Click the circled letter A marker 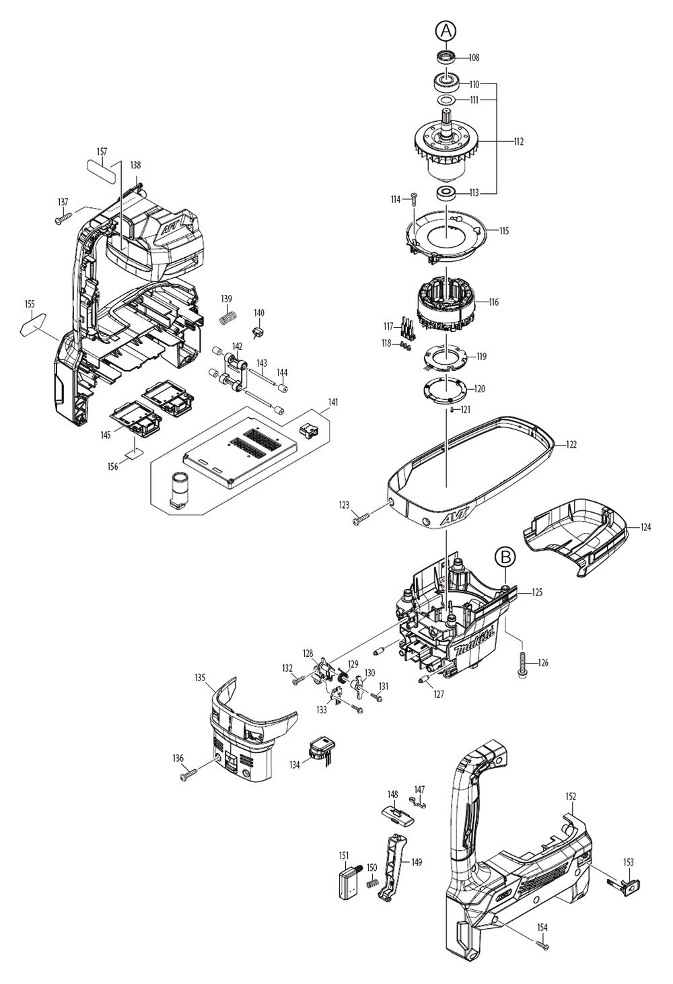(x=446, y=30)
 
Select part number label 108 (x=474, y=58)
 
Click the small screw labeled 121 (x=452, y=409)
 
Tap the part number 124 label (x=645, y=527)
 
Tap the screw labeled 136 (x=188, y=777)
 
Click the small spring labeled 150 (x=371, y=884)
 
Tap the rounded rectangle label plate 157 (x=101, y=168)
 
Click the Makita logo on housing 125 (x=474, y=642)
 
